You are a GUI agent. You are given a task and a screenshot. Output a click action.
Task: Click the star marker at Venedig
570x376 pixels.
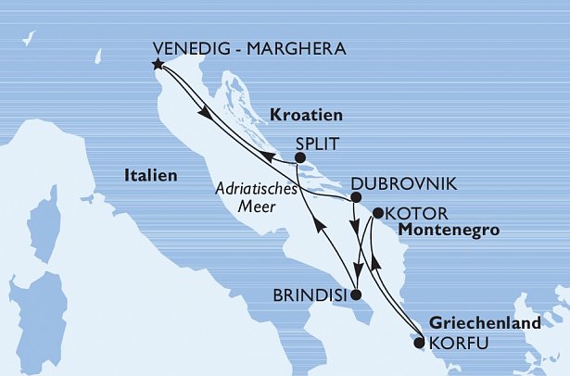pyautogui.click(x=158, y=65)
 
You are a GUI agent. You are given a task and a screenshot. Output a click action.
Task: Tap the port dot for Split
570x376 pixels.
pyautogui.click(x=300, y=158)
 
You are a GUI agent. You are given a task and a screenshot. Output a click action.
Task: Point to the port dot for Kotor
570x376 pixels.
pyautogui.click(x=377, y=214)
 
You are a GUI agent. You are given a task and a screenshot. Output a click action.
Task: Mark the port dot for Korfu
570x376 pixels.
pyautogui.click(x=418, y=343)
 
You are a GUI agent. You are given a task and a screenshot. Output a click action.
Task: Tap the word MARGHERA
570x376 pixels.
pyautogui.click(x=298, y=49)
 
